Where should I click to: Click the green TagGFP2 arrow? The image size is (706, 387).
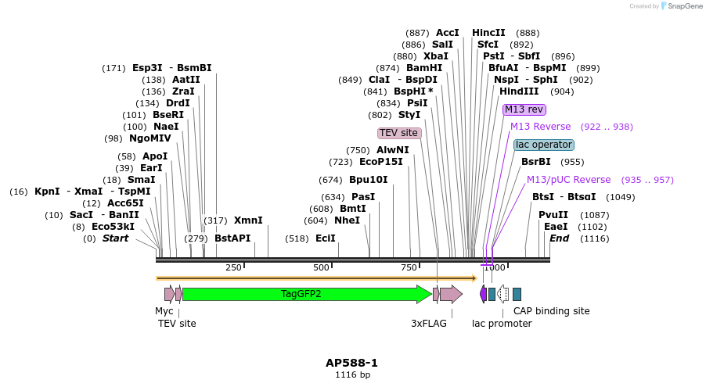[x=301, y=294]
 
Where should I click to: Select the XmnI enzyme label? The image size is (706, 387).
[x=248, y=220]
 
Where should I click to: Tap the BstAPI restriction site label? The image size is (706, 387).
[x=232, y=238]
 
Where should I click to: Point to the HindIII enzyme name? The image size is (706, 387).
[x=519, y=91]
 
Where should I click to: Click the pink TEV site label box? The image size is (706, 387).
[x=399, y=133]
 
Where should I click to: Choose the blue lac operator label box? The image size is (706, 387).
[x=544, y=145]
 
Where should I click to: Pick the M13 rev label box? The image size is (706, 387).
[x=524, y=109]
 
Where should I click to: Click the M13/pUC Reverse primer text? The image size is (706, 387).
[x=568, y=180]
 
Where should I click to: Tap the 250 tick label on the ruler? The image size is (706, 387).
[x=233, y=268]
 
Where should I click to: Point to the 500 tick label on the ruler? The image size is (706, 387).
[x=321, y=268]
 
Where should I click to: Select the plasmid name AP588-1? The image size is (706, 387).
[x=352, y=363]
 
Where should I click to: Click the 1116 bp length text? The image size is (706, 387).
[x=352, y=375]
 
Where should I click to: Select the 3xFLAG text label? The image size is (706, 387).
[x=429, y=323]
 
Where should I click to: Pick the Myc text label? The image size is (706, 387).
[x=164, y=310]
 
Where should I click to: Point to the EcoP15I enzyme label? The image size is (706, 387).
[x=380, y=162]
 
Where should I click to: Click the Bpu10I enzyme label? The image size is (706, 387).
[x=368, y=180]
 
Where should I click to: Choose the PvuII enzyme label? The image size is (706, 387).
[x=553, y=215]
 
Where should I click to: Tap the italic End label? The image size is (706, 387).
[x=559, y=238]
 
